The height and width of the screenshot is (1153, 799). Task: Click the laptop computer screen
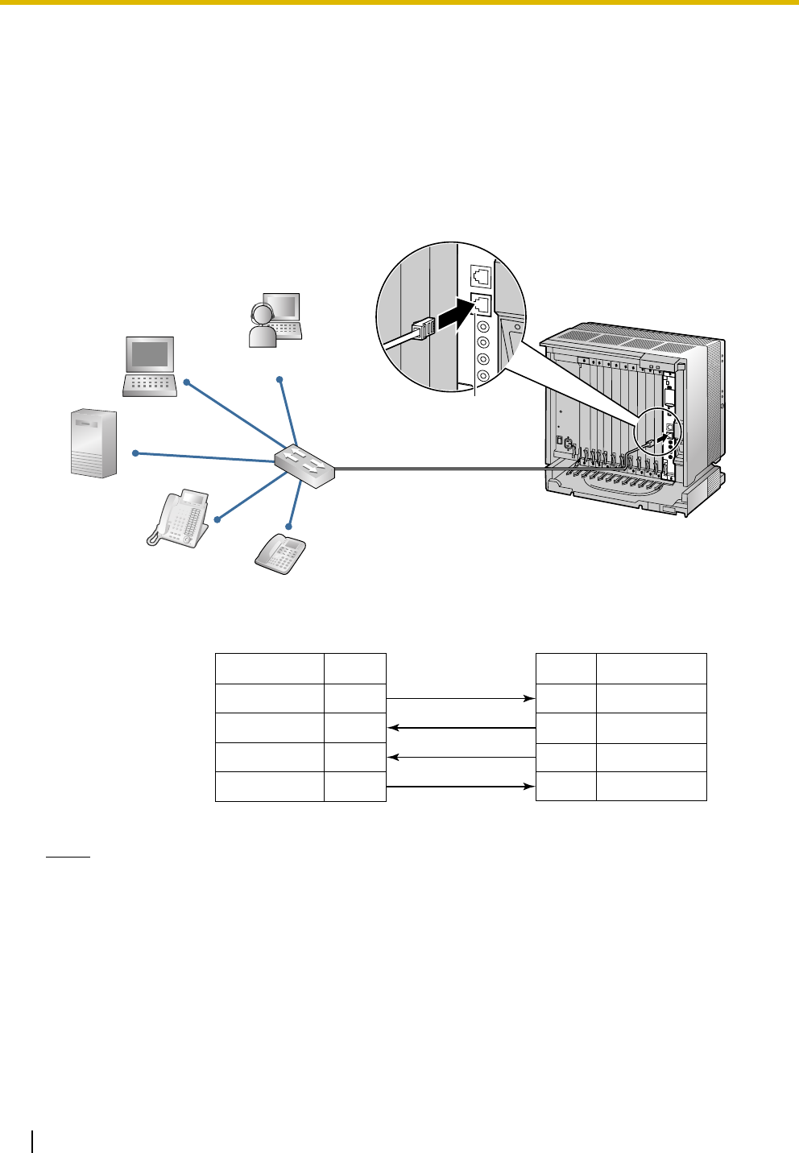149,355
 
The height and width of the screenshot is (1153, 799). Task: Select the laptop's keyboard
150,386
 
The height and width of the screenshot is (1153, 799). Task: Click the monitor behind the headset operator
284,307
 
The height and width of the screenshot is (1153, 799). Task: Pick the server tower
93,443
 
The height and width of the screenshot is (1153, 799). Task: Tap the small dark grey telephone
280,553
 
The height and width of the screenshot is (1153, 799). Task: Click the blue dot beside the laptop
186,382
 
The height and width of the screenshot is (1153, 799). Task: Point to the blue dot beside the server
135,454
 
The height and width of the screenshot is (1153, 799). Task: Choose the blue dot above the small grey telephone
290,518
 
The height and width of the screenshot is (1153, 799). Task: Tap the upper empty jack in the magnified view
481,277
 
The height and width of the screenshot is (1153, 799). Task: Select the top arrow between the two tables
462,698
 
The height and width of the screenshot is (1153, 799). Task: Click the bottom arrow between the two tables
462,786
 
